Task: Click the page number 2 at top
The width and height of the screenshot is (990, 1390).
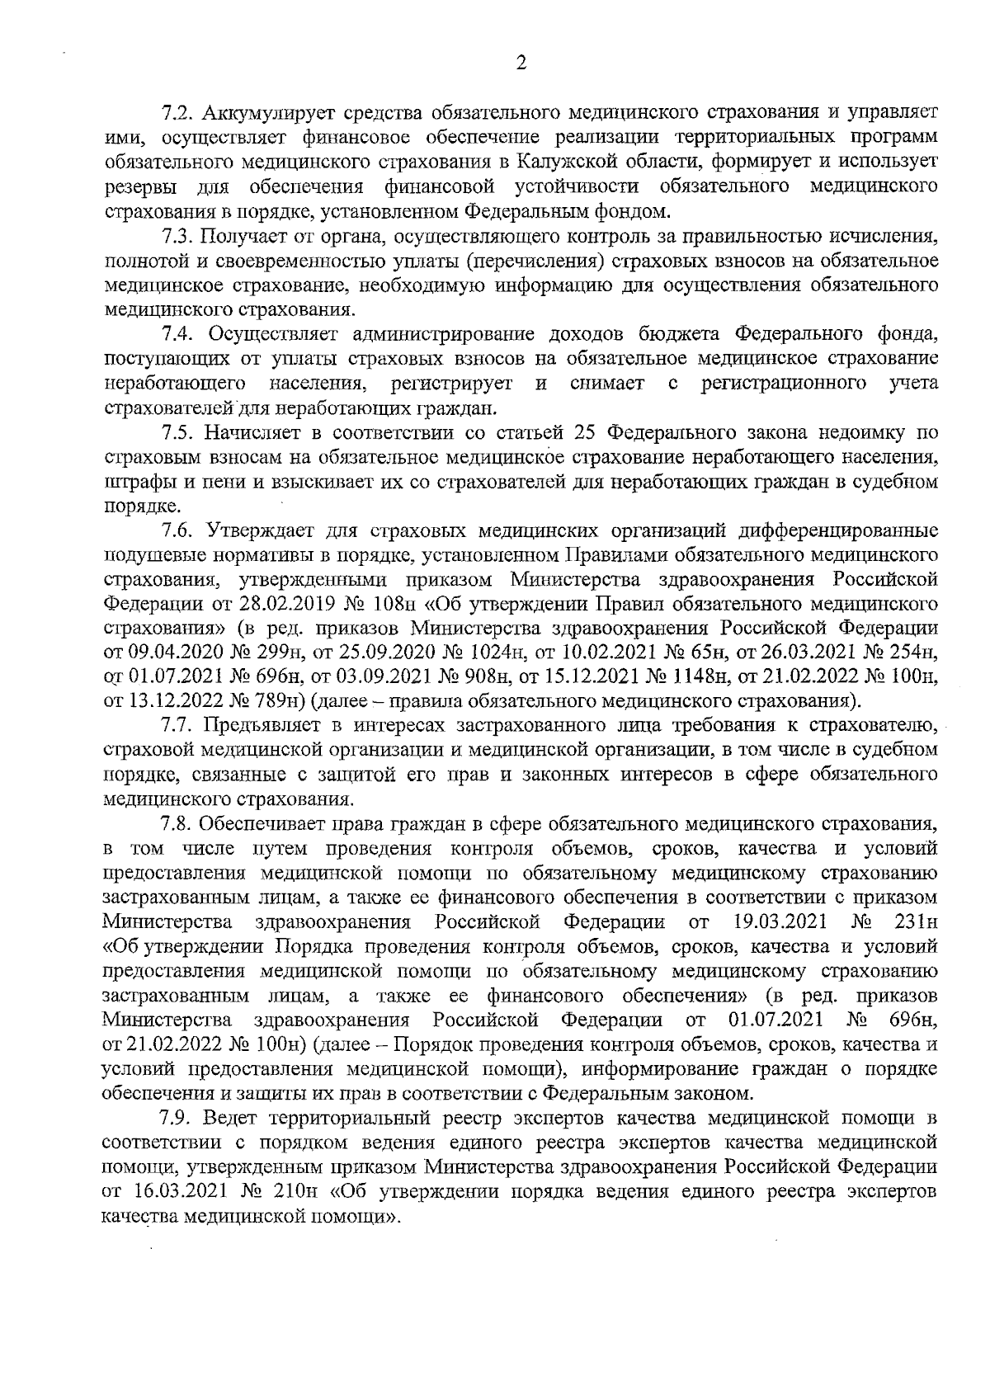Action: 520,64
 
